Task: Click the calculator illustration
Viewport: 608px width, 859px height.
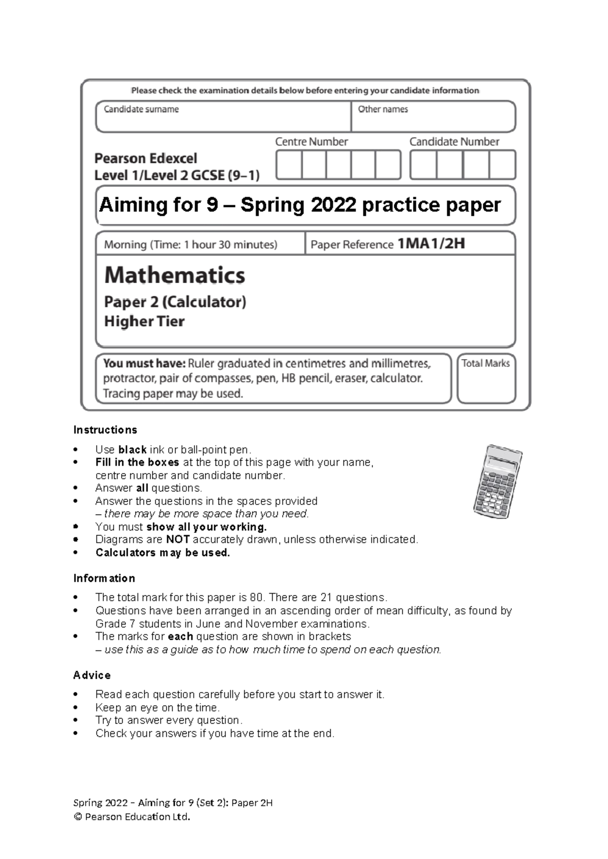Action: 497,482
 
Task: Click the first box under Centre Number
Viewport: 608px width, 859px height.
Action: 289,165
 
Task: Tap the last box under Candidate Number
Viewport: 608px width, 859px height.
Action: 503,165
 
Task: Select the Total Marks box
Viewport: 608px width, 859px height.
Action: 486,379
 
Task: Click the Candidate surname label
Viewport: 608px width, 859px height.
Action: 141,109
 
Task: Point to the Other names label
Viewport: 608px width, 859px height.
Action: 383,109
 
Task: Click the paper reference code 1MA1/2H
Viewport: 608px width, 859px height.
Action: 431,244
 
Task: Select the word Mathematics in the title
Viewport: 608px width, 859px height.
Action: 174,275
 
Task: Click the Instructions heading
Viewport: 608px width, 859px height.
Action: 105,430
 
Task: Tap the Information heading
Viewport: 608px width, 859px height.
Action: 104,578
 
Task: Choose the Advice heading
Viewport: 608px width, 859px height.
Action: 92,675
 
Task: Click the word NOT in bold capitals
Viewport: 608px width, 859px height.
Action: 178,539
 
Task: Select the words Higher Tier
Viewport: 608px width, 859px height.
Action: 144,321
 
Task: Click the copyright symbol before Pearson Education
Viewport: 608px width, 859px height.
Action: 78,817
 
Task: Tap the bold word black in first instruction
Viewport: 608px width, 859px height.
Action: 132,450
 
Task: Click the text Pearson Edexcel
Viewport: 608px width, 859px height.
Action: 145,159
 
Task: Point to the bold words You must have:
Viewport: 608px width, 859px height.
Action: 144,364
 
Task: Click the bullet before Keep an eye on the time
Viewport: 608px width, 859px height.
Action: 75,708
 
